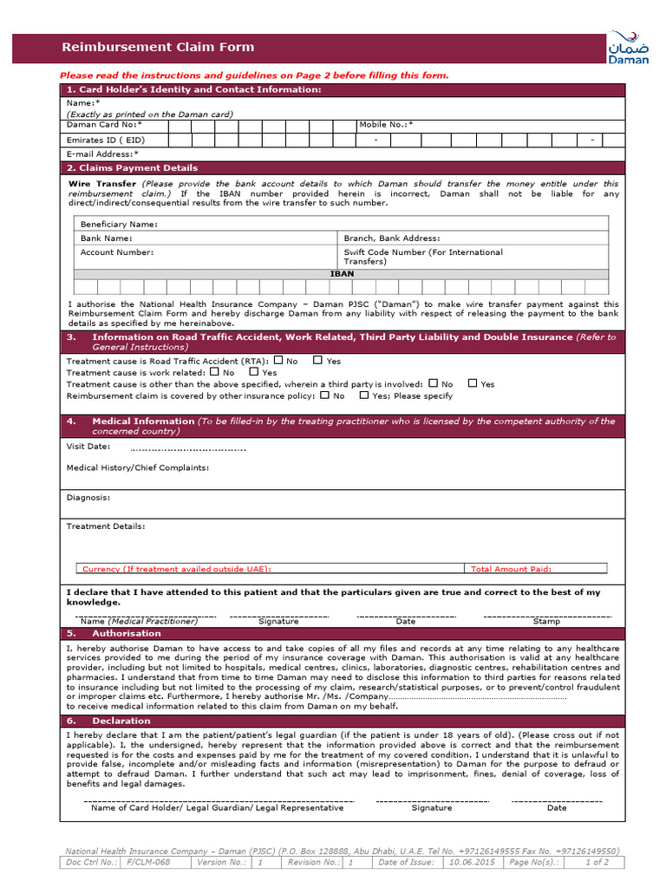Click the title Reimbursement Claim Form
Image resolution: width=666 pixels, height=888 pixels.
coord(158,47)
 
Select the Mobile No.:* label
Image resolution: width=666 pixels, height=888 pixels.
coord(386,125)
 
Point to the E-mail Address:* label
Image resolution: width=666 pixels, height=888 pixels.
coord(102,153)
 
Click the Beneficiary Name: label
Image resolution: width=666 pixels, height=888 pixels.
coord(119,224)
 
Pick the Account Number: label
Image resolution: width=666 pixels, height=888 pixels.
coord(116,252)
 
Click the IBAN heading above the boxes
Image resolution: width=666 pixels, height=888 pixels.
coord(342,273)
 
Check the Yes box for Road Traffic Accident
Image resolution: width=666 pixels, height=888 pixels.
coord(318,360)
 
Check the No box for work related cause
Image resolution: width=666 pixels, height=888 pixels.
coord(214,371)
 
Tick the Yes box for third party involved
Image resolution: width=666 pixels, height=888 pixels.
coord(473,382)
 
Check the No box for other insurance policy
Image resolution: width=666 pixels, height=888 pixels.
coord(324,395)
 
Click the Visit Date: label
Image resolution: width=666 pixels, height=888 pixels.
coord(88,446)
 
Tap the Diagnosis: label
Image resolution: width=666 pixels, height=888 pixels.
coord(88,498)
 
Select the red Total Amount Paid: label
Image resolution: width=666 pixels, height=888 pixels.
coord(511,569)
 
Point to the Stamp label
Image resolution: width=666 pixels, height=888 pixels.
coord(546,622)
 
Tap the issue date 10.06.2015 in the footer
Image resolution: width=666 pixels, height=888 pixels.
coord(472,863)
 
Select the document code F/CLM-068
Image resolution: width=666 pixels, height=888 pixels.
coord(148,863)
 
